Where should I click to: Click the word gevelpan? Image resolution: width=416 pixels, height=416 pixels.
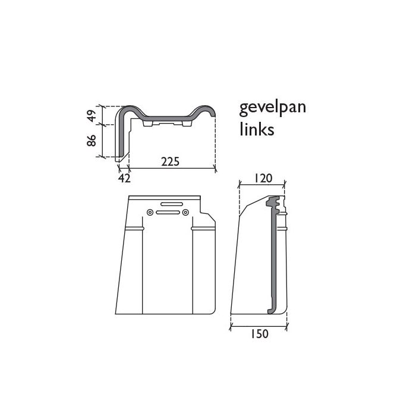[x=272, y=108]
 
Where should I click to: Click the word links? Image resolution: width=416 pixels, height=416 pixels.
[x=257, y=129]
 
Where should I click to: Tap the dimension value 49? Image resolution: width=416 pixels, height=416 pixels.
[x=92, y=116]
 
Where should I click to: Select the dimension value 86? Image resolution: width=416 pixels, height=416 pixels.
[x=92, y=141]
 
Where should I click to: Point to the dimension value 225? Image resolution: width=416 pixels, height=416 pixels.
[x=171, y=162]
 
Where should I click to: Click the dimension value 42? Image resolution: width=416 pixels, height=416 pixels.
[x=124, y=178]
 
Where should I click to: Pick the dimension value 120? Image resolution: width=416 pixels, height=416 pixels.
[x=263, y=178]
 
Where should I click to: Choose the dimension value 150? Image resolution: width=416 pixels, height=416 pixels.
[x=260, y=334]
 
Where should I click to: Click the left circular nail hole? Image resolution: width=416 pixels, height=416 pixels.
[x=150, y=212]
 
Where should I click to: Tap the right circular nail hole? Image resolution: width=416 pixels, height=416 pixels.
[x=185, y=212]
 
